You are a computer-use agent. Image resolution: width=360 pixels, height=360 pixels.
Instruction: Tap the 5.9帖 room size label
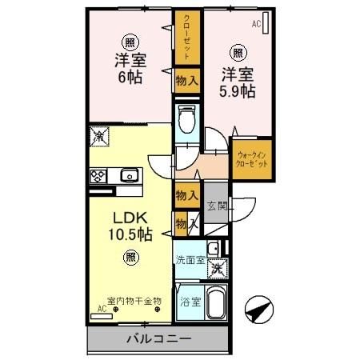coord(238,91)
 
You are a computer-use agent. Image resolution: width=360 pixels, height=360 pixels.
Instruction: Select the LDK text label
coord(129,218)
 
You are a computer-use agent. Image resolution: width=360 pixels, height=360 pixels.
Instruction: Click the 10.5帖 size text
coord(129,235)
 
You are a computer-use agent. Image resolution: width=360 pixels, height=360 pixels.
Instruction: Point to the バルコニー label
coord(158,339)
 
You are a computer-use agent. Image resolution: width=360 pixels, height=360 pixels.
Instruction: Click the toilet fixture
coord(187,120)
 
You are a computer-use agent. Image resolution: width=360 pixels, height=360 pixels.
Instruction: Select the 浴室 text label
coord(189,302)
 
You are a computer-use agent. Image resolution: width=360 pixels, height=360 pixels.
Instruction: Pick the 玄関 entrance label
coord(217,205)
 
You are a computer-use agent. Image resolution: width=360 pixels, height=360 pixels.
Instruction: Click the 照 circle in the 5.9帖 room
coord(238,54)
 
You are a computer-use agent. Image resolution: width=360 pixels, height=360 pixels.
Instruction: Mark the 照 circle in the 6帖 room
coord(129,42)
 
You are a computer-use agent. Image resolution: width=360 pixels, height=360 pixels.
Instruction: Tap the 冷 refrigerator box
coord(98,136)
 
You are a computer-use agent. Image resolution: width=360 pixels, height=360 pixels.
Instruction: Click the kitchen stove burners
coord(99,176)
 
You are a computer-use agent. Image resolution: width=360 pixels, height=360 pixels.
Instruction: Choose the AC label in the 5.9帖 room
coord(256,24)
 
